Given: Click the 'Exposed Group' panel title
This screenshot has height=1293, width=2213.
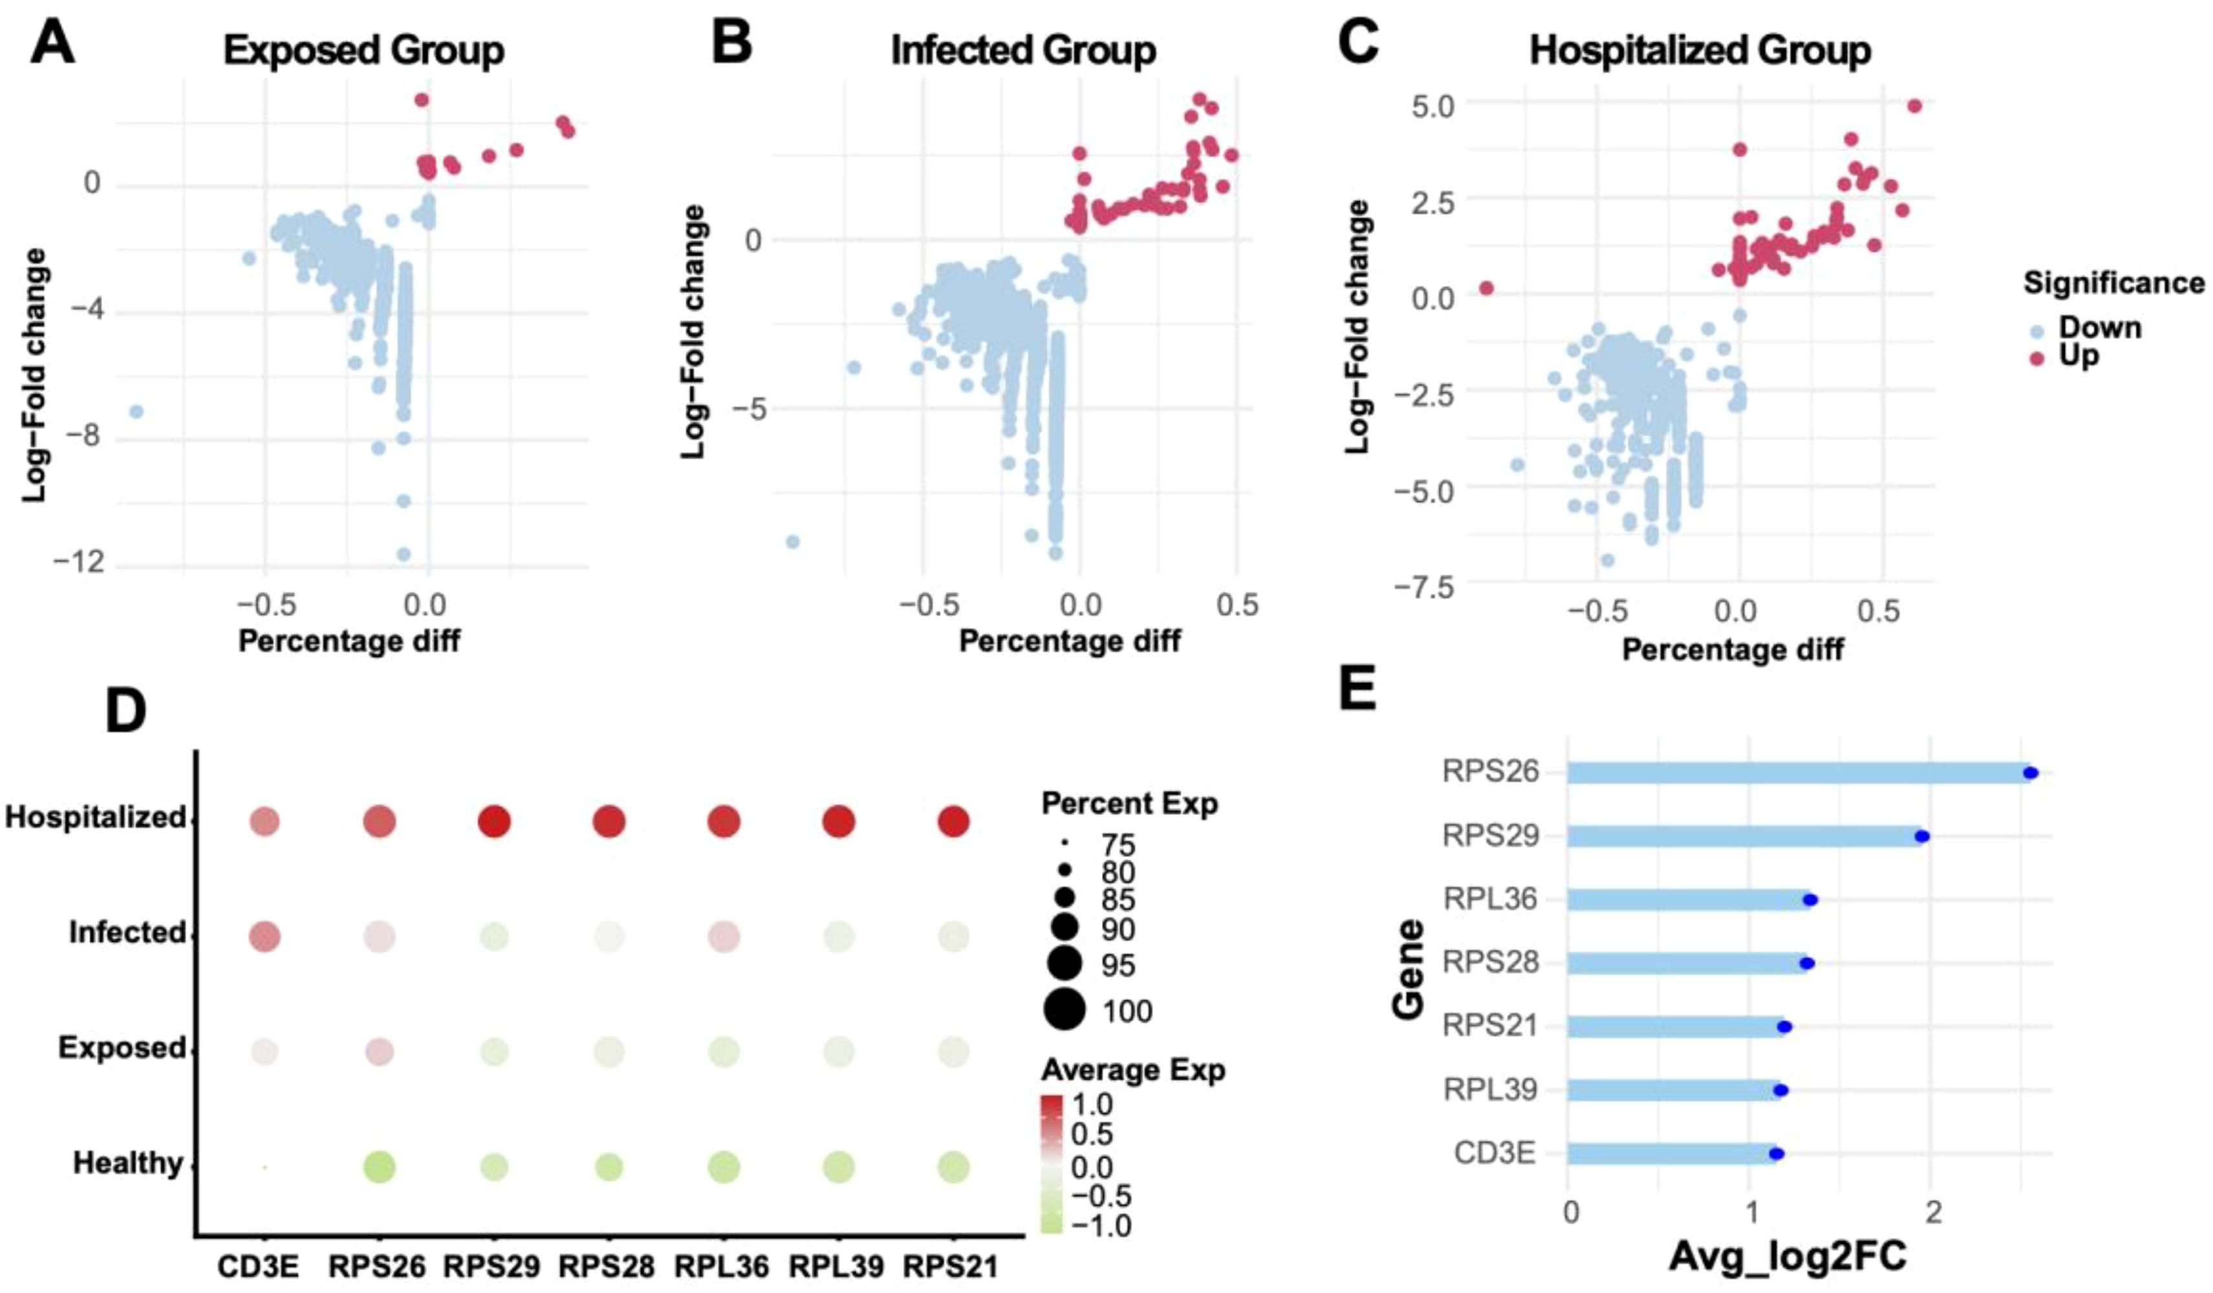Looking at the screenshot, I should pyautogui.click(x=363, y=50).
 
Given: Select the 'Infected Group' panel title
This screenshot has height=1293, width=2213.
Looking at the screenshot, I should pyautogui.click(x=1023, y=50).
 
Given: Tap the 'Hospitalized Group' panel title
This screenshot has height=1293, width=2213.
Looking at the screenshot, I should pyautogui.click(x=1700, y=50).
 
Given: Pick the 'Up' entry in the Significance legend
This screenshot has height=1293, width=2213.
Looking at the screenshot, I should pyautogui.click(x=2078, y=356).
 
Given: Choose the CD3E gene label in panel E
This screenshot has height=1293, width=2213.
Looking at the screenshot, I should pyautogui.click(x=1495, y=1153).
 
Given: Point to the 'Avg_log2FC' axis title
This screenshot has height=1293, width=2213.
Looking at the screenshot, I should pyautogui.click(x=1787, y=1257).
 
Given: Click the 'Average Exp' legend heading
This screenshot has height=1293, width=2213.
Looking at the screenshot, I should pyautogui.click(x=1133, y=1070).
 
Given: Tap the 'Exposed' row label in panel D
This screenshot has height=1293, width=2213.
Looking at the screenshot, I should pyautogui.click(x=121, y=1048).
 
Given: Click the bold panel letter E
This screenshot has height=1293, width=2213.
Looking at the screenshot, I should pyautogui.click(x=1357, y=690).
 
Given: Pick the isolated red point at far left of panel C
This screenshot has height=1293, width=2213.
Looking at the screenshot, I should pyautogui.click(x=1486, y=288).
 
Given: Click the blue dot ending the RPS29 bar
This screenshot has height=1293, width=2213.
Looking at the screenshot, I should pyautogui.click(x=1921, y=836).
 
